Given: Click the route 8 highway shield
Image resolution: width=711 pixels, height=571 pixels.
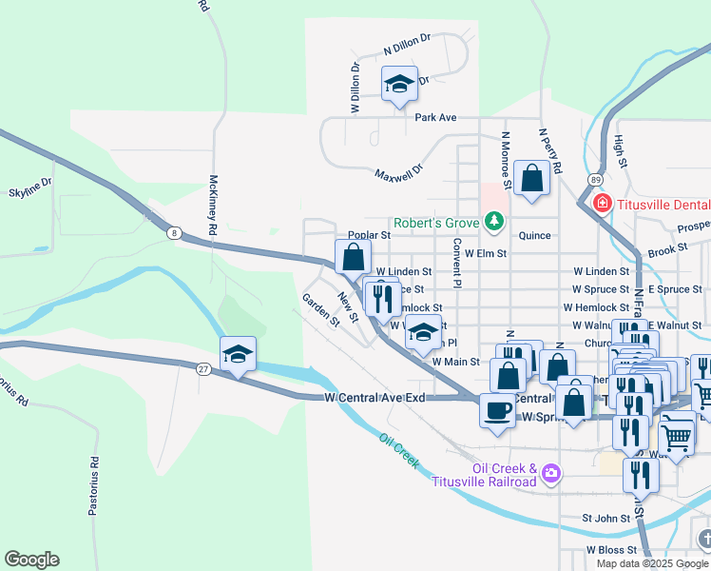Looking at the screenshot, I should [173, 232].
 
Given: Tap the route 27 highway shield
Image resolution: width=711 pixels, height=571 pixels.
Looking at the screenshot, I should [203, 366].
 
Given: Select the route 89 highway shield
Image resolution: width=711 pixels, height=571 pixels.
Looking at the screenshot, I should [595, 179].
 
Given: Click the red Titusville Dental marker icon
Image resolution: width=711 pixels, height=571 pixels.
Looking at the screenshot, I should [601, 203].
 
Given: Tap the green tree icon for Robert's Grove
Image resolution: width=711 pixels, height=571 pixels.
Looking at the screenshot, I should [493, 222].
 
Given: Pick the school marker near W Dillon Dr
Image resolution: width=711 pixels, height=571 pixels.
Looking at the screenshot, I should [400, 85].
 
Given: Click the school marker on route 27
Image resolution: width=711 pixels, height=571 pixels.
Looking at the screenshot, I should [238, 355].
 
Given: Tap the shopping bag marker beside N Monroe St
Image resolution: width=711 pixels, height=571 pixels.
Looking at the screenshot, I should [531, 178].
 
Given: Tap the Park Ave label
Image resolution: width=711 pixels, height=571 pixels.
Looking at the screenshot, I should [435, 118].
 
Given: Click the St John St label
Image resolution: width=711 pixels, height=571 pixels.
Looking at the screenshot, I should [606, 519].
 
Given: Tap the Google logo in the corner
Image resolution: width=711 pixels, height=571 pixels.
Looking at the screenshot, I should [31, 560].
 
